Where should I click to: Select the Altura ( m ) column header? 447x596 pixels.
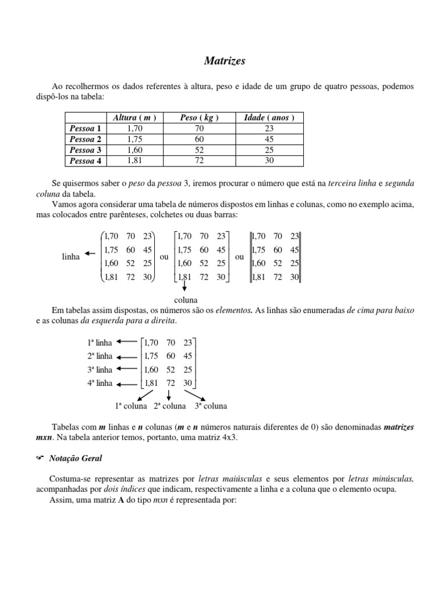[134, 118]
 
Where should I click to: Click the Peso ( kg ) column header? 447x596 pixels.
[200, 118]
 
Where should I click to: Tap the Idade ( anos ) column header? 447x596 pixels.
[269, 118]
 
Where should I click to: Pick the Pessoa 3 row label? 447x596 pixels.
[85, 150]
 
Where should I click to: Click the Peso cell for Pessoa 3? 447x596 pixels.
[200, 150]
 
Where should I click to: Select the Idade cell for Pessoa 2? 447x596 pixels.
[269, 139]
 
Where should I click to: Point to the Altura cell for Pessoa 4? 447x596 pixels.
[134, 161]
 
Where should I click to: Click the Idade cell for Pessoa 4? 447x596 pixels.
[269, 161]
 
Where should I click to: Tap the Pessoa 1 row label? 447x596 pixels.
[85, 128]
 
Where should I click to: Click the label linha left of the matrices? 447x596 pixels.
[70, 256]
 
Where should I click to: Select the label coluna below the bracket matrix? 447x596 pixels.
[186, 300]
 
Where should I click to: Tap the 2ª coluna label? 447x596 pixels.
[169, 406]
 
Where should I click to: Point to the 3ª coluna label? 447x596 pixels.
[210, 406]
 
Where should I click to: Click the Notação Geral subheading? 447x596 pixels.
[76, 459]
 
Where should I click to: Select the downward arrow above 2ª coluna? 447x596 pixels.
[168, 395]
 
